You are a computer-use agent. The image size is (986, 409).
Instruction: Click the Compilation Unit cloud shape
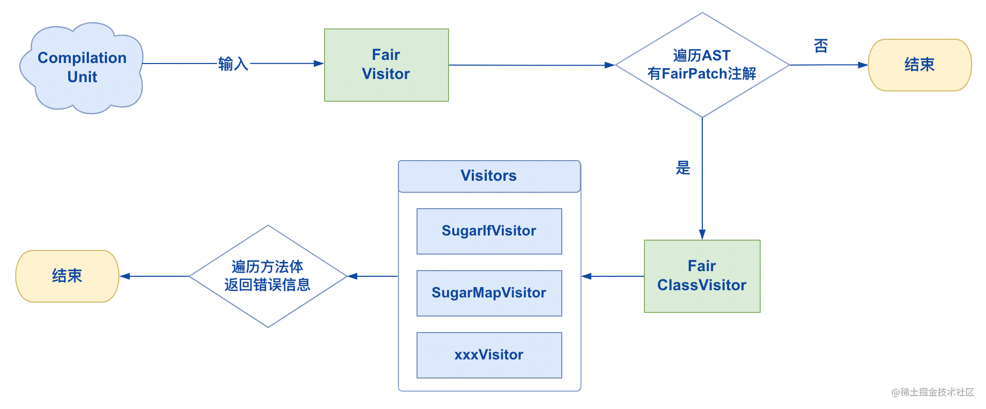coord(82,67)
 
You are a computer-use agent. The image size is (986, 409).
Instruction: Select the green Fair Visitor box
coord(387,65)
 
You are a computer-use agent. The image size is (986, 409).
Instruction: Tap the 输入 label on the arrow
coord(233,64)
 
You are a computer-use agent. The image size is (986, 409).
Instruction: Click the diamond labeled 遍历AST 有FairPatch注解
coord(702,65)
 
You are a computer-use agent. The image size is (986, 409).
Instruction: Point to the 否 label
coord(821,46)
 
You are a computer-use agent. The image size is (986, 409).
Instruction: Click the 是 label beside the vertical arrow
coord(683,168)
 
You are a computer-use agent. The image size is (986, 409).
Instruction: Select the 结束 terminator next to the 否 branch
coord(920,65)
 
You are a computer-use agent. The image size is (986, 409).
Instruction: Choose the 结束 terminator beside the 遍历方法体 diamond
coord(67,276)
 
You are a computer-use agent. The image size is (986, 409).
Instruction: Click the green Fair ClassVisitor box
coord(702,276)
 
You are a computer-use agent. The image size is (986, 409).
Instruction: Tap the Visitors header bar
coord(489,176)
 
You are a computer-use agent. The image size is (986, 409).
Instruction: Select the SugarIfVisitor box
coord(489,231)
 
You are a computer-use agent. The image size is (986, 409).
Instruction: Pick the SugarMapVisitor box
coord(489,293)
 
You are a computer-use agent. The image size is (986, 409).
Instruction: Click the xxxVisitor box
coord(489,355)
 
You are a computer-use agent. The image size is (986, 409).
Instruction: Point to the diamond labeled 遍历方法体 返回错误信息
coord(268,276)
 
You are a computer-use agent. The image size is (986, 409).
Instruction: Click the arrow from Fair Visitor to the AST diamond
coord(532,65)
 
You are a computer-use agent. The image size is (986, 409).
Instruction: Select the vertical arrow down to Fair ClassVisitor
coord(702,179)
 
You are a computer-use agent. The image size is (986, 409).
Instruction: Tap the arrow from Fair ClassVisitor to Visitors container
coord(613,276)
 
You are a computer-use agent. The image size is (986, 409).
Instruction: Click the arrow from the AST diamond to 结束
coord(829,65)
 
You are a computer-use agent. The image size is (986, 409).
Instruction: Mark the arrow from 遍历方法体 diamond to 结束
coord(155,276)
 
